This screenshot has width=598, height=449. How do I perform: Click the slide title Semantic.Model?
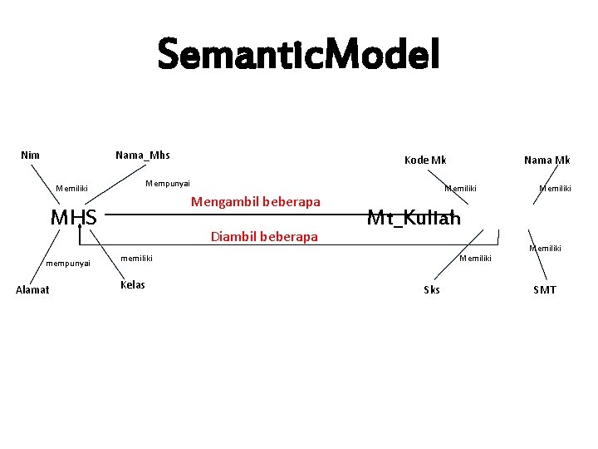pyautogui.click(x=298, y=55)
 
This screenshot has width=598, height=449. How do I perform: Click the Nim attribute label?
pyautogui.click(x=30, y=155)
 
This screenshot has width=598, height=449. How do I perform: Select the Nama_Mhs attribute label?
pyautogui.click(x=143, y=155)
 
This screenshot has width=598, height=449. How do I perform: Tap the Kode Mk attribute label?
pyautogui.click(x=425, y=160)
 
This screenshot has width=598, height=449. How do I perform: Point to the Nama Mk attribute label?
pyautogui.click(x=547, y=160)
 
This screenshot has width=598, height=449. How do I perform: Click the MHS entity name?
pyautogui.click(x=74, y=218)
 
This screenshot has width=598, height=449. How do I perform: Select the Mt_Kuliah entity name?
pyautogui.click(x=414, y=218)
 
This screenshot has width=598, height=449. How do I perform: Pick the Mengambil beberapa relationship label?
pyautogui.click(x=256, y=201)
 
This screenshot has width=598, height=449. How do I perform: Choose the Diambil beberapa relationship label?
pyautogui.click(x=264, y=237)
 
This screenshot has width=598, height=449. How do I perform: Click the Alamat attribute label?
pyautogui.click(x=33, y=289)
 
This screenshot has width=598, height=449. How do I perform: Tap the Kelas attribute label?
pyautogui.click(x=133, y=284)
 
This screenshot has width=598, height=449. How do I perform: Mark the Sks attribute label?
pyautogui.click(x=432, y=289)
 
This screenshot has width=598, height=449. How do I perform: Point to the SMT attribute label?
pyautogui.click(x=545, y=289)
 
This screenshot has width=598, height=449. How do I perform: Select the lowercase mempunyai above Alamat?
pyautogui.click(x=68, y=263)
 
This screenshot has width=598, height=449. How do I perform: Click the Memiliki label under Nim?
pyautogui.click(x=71, y=189)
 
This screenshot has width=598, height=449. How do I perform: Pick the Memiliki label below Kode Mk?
pyautogui.click(x=460, y=189)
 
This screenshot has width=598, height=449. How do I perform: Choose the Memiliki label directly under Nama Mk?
pyautogui.click(x=555, y=189)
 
